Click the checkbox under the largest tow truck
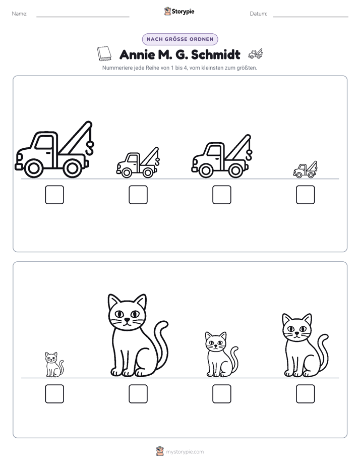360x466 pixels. click(54, 195)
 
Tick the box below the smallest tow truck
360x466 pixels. click(306, 195)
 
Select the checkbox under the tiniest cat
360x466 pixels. click(54, 394)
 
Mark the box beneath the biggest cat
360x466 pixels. click(138, 394)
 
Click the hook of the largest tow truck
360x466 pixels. click(89, 148)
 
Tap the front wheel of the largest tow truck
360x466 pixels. click(33, 168)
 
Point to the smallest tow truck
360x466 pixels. click(305, 169)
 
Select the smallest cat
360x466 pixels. click(54, 365)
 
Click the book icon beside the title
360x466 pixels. click(104, 54)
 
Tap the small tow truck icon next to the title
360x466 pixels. click(256, 53)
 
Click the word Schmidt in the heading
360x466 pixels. click(216, 54)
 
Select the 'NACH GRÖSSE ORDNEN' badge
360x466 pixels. click(180, 39)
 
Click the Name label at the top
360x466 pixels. click(20, 14)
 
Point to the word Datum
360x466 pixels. click(259, 14)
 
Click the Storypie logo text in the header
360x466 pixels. click(183, 12)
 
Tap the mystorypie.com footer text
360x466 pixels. click(185, 452)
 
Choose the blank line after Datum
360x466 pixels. click(311, 17)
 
